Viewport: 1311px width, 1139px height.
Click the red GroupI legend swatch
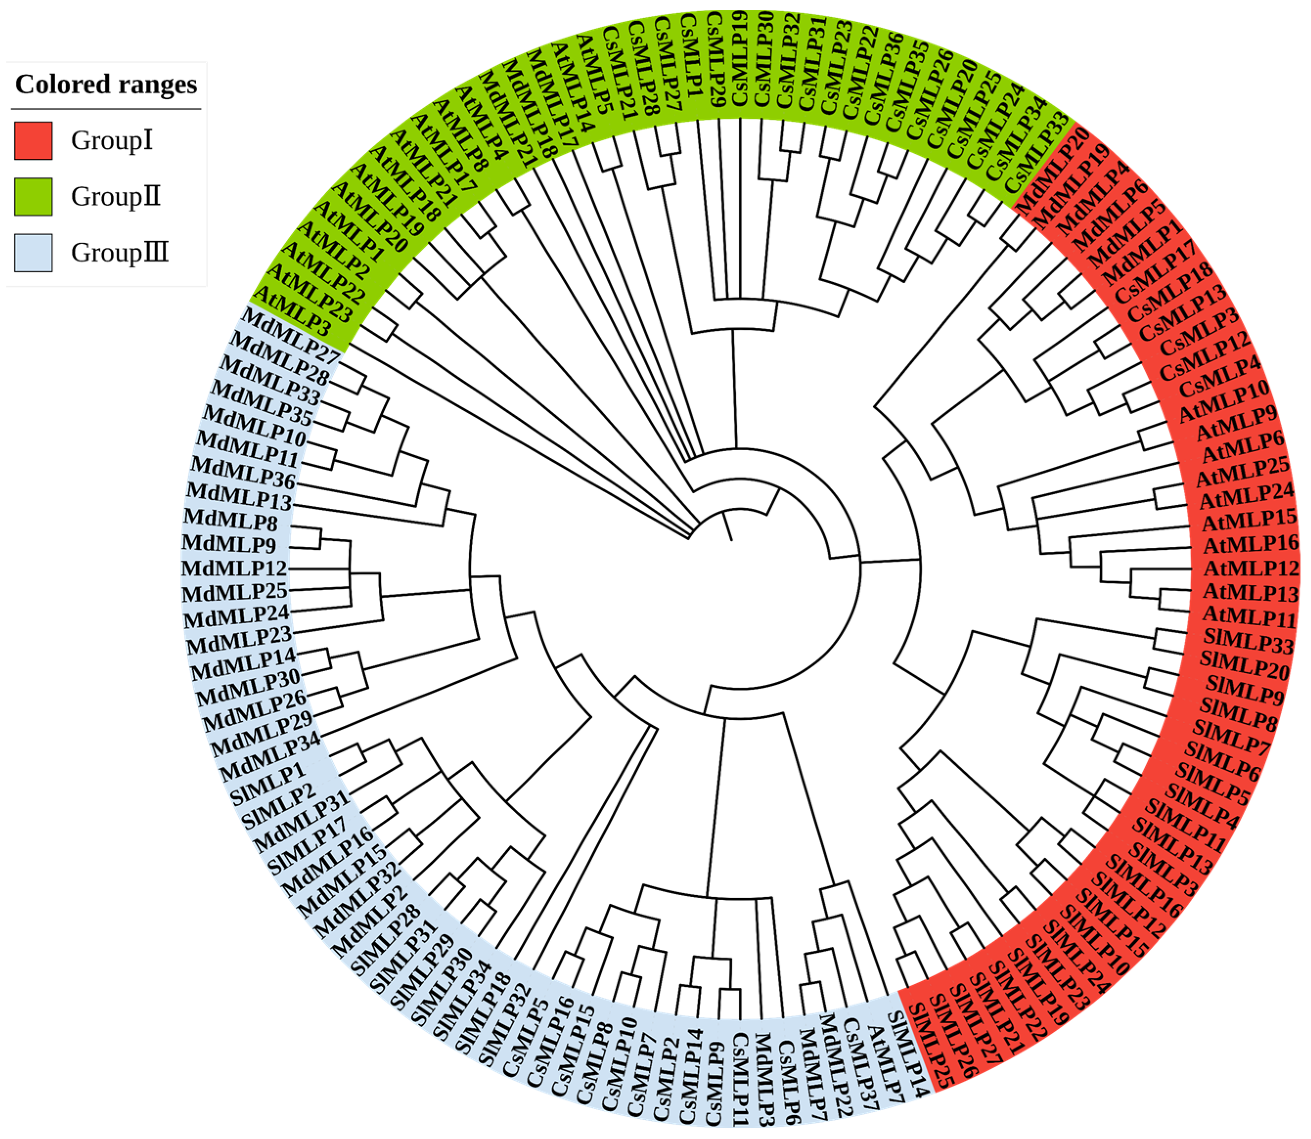[x=33, y=140]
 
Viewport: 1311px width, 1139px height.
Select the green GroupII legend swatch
[x=33, y=197]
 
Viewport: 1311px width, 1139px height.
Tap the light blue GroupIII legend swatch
[x=33, y=252]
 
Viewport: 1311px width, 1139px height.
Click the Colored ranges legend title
[x=106, y=85]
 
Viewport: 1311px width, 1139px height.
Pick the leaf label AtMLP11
[x=1249, y=616]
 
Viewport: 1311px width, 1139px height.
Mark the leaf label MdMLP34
[x=270, y=756]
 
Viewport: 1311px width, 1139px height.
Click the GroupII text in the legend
[x=116, y=197]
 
